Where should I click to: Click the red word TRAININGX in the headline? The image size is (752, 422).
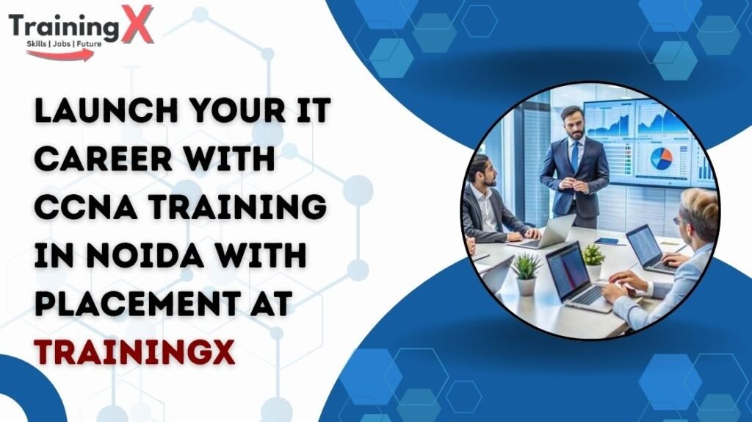[134, 352]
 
